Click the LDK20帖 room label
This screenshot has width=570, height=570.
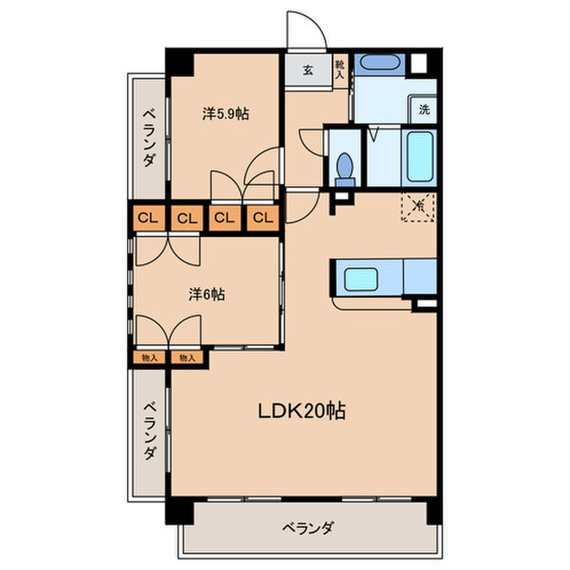(302, 411)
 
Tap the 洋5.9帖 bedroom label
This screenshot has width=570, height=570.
(225, 115)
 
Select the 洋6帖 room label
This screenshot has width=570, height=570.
(208, 295)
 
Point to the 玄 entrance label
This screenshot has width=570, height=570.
(309, 69)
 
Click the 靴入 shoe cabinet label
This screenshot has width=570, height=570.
(340, 69)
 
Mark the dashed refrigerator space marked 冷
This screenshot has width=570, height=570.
(419, 206)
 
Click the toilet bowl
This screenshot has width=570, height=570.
(344, 167)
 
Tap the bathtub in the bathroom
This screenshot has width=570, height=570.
(421, 158)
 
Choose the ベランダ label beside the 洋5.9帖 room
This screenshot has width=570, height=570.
(148, 137)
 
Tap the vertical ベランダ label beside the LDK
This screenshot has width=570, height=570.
(149, 430)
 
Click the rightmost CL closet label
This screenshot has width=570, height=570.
(262, 217)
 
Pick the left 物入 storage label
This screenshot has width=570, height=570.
(149, 357)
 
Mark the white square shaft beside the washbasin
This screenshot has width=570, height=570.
(419, 64)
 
